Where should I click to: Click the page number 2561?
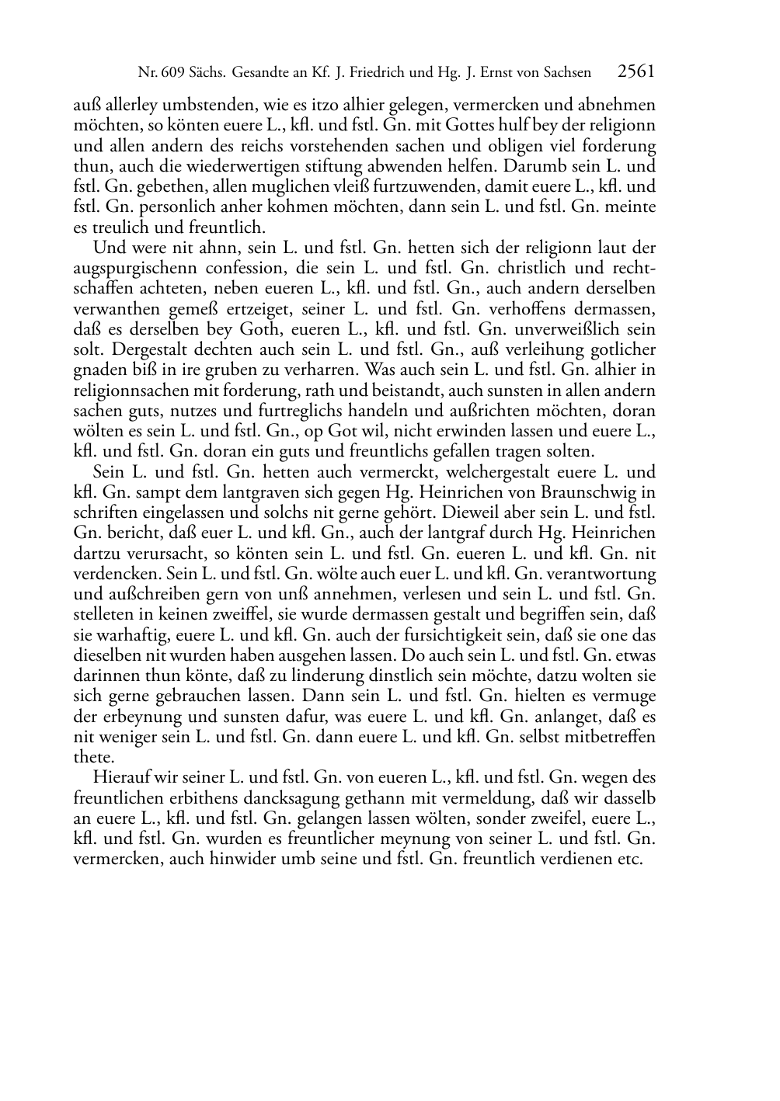(636, 72)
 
